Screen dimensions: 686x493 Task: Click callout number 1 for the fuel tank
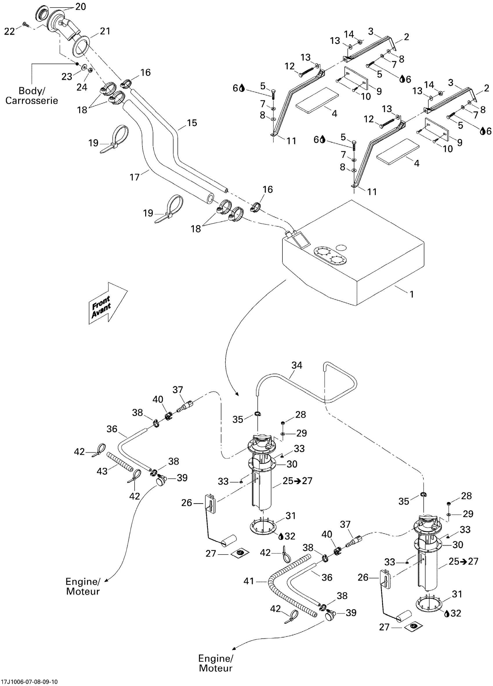(412, 294)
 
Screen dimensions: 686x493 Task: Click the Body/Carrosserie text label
(32, 96)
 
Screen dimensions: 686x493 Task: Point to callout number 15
(192, 123)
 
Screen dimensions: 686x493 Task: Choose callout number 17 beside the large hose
(135, 177)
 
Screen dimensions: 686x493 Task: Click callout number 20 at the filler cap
(81, 7)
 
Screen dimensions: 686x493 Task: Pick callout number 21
(105, 31)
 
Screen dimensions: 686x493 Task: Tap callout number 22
(9, 31)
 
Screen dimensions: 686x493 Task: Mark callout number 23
(67, 76)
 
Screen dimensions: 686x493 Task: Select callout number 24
(82, 87)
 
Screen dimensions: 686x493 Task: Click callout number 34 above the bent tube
(297, 365)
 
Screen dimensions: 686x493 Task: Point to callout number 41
(249, 581)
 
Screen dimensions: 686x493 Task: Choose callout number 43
(102, 471)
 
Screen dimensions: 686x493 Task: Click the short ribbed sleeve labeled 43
(119, 460)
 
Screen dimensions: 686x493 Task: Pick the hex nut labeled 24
(90, 70)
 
